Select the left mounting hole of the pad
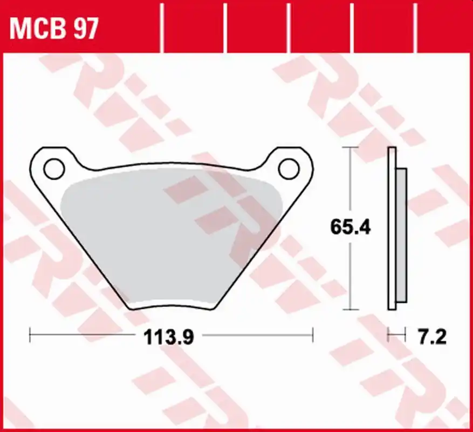pyautogui.click(x=54, y=168)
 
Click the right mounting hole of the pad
pyautogui.click(x=289, y=168)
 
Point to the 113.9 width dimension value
pyautogui.click(x=168, y=338)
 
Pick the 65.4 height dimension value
pyautogui.click(x=350, y=227)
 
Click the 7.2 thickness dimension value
pyautogui.click(x=432, y=338)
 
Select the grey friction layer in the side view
pyautogui.click(x=402, y=232)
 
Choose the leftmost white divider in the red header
pyautogui.click(x=162, y=27)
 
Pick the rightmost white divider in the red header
pyautogui.click(x=416, y=27)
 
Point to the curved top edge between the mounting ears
pyautogui.click(x=172, y=163)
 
